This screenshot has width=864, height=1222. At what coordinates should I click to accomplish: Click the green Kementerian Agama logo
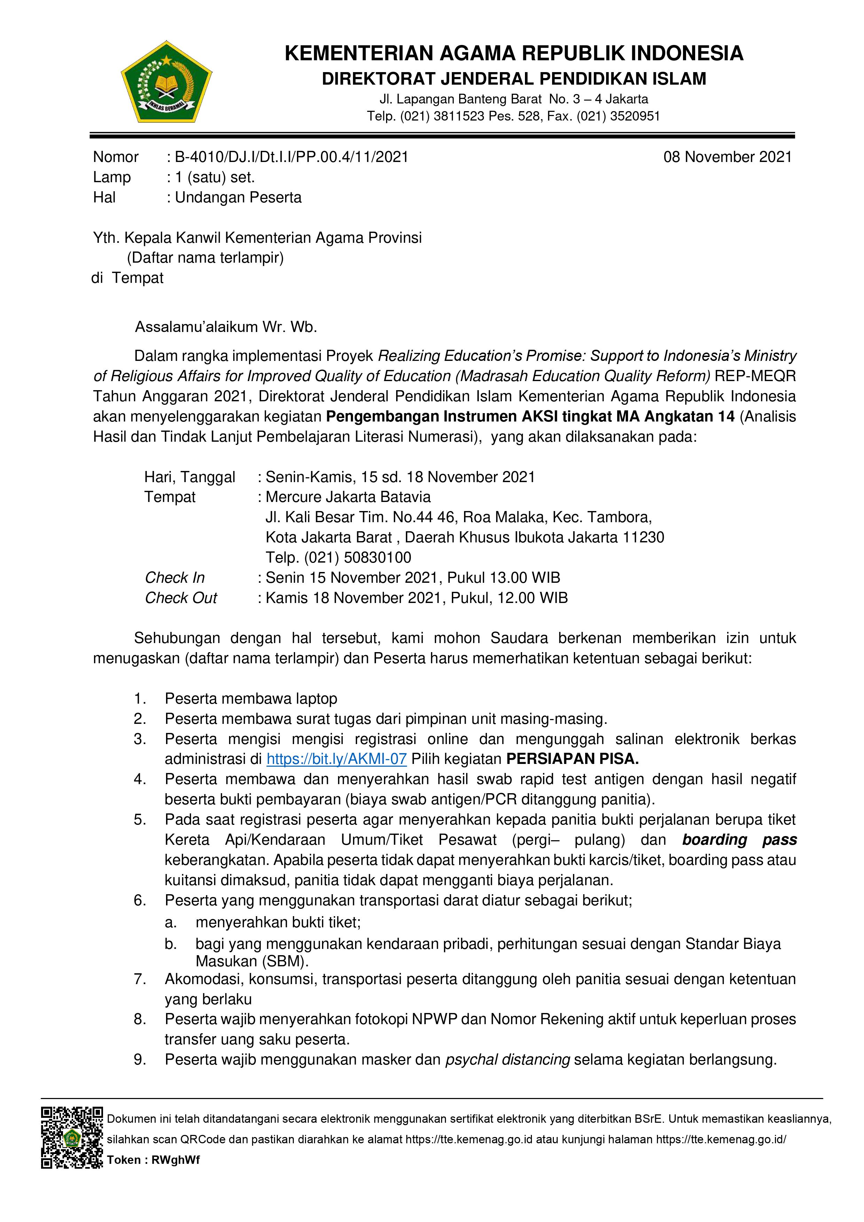166,81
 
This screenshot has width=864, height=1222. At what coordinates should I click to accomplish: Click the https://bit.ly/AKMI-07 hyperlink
336,759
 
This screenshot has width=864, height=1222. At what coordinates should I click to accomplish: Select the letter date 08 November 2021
727,157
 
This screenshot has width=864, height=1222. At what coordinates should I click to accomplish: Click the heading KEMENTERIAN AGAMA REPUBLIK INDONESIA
514,53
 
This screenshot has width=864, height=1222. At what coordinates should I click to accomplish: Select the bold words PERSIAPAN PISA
572,759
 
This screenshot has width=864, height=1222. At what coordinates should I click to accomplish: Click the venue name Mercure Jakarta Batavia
348,497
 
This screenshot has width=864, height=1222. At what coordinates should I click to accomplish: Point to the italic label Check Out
181,598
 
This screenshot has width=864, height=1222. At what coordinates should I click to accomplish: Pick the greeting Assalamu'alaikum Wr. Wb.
226,327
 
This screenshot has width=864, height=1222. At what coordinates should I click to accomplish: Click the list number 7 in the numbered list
140,979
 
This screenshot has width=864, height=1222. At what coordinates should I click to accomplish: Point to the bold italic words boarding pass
739,840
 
